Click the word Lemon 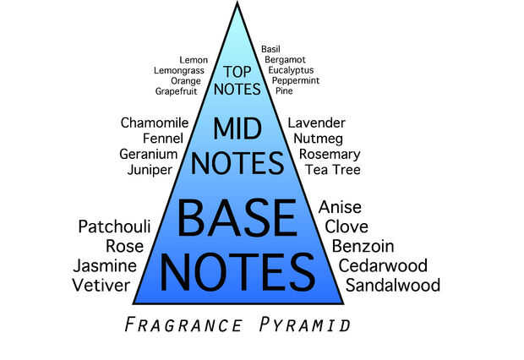click(194, 61)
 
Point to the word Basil click(270, 50)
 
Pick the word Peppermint click(295, 80)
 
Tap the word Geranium click(149, 155)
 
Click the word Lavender click(317, 123)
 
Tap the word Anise click(340, 207)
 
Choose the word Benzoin click(361, 246)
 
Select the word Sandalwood click(392, 285)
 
